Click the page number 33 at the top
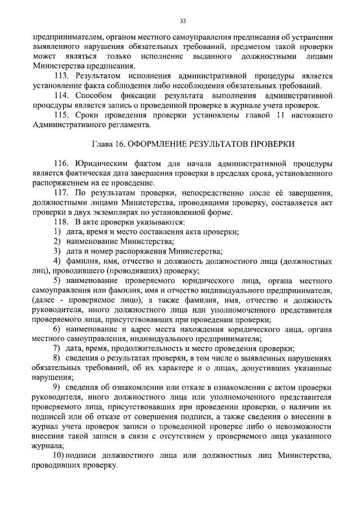(183, 21)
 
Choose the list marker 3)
(57, 251)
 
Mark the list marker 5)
(57, 281)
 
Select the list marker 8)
(57, 358)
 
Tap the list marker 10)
(58, 455)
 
